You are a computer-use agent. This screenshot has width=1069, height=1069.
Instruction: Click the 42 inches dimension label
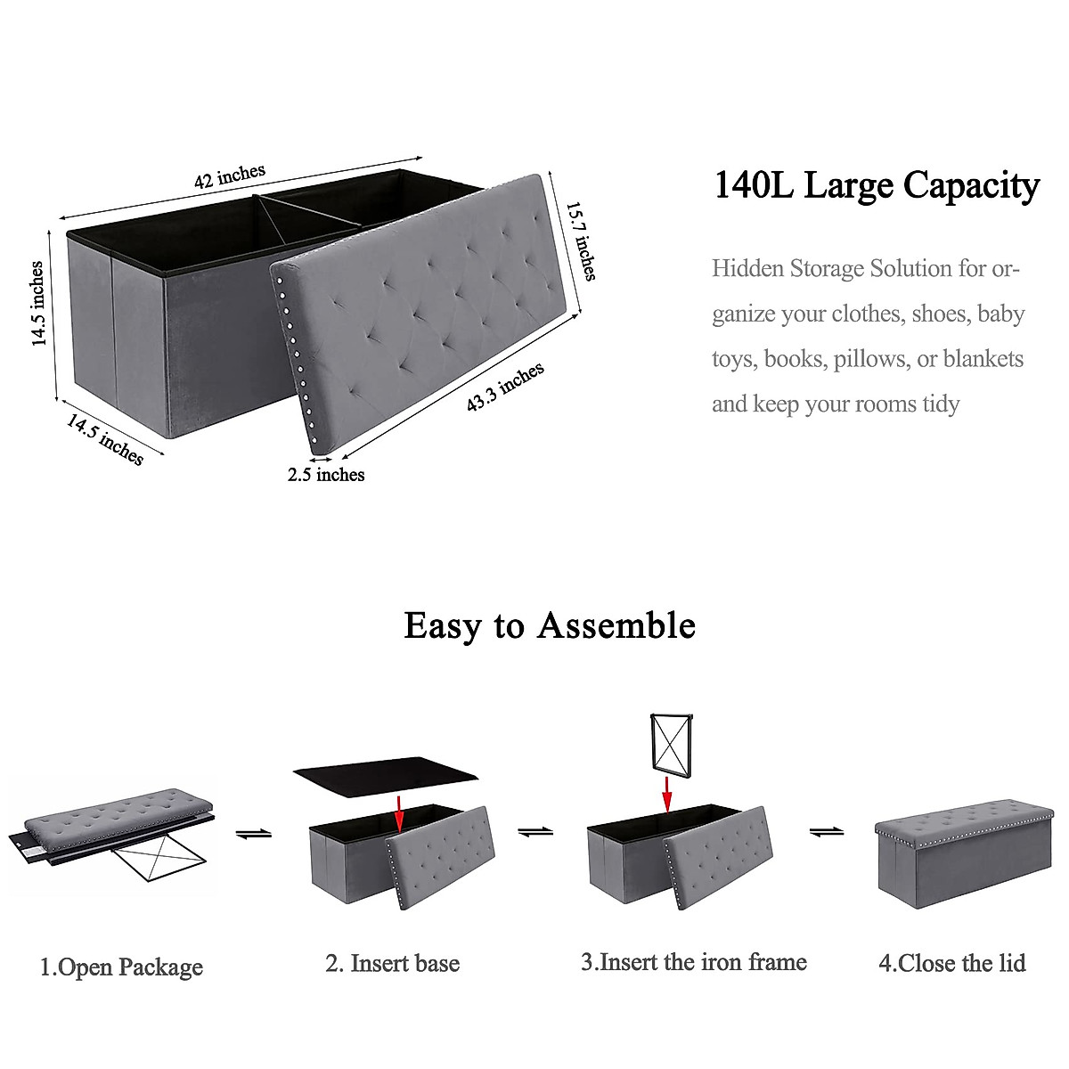230,176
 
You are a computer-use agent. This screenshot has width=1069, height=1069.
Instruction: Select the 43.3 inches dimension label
505,388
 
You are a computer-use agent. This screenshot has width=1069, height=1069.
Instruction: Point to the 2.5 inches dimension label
326,475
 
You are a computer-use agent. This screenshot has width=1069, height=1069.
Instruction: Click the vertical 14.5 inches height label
37,304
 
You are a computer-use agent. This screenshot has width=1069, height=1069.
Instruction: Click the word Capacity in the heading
971,185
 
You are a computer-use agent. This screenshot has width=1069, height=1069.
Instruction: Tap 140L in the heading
754,185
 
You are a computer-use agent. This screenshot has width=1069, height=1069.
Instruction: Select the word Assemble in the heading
616,625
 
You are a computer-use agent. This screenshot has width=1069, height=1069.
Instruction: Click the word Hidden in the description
747,268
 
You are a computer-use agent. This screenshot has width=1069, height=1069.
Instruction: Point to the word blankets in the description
983,358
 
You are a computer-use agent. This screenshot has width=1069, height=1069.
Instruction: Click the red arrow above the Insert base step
399,813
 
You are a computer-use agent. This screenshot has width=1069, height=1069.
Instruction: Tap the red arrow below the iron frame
666,794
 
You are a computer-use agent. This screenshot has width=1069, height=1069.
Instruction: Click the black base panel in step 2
385,771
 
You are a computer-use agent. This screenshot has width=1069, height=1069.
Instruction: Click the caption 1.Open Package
121,967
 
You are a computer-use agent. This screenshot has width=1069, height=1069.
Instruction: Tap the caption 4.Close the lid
951,963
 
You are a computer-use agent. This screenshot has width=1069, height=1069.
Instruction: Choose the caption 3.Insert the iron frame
694,962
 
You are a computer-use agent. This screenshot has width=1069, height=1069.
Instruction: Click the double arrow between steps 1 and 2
254,834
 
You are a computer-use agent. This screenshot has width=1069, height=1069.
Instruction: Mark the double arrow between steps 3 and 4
826,832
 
